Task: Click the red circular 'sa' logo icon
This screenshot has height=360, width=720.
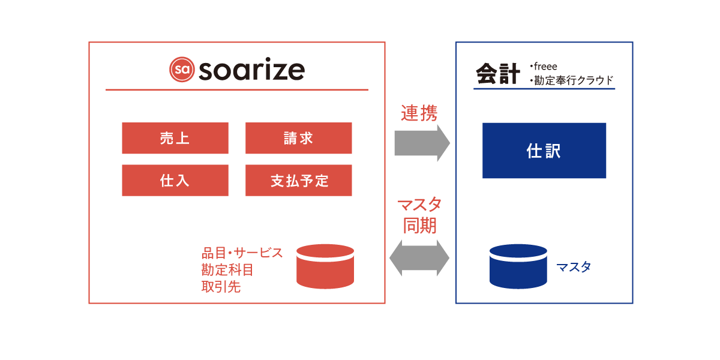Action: point(182,70)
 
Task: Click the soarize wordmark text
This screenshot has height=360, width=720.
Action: point(251,69)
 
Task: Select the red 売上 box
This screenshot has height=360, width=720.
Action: point(175,138)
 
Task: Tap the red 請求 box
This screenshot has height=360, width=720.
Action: point(299,138)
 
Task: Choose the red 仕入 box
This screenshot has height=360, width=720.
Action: point(175,181)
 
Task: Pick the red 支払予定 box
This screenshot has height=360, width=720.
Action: point(299,181)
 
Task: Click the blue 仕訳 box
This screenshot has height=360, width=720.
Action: point(544,151)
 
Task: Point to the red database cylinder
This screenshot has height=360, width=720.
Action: point(325,266)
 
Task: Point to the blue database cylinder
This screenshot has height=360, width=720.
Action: point(518,266)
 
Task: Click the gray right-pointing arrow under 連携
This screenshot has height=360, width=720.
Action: point(422,143)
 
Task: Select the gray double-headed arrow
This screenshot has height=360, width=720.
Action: point(419,258)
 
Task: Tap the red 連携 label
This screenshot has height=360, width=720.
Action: point(419,113)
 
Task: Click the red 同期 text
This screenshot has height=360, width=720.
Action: point(420,226)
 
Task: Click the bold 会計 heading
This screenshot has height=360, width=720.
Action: point(497,74)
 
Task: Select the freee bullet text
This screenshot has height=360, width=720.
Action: point(544,67)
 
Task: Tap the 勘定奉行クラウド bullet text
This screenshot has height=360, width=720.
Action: point(572,80)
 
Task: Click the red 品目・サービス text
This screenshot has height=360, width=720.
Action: point(242,253)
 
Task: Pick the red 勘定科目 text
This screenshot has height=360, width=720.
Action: point(227,269)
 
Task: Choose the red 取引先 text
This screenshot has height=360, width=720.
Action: point(221,286)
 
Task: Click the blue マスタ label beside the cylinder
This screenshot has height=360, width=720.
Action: point(574,267)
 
